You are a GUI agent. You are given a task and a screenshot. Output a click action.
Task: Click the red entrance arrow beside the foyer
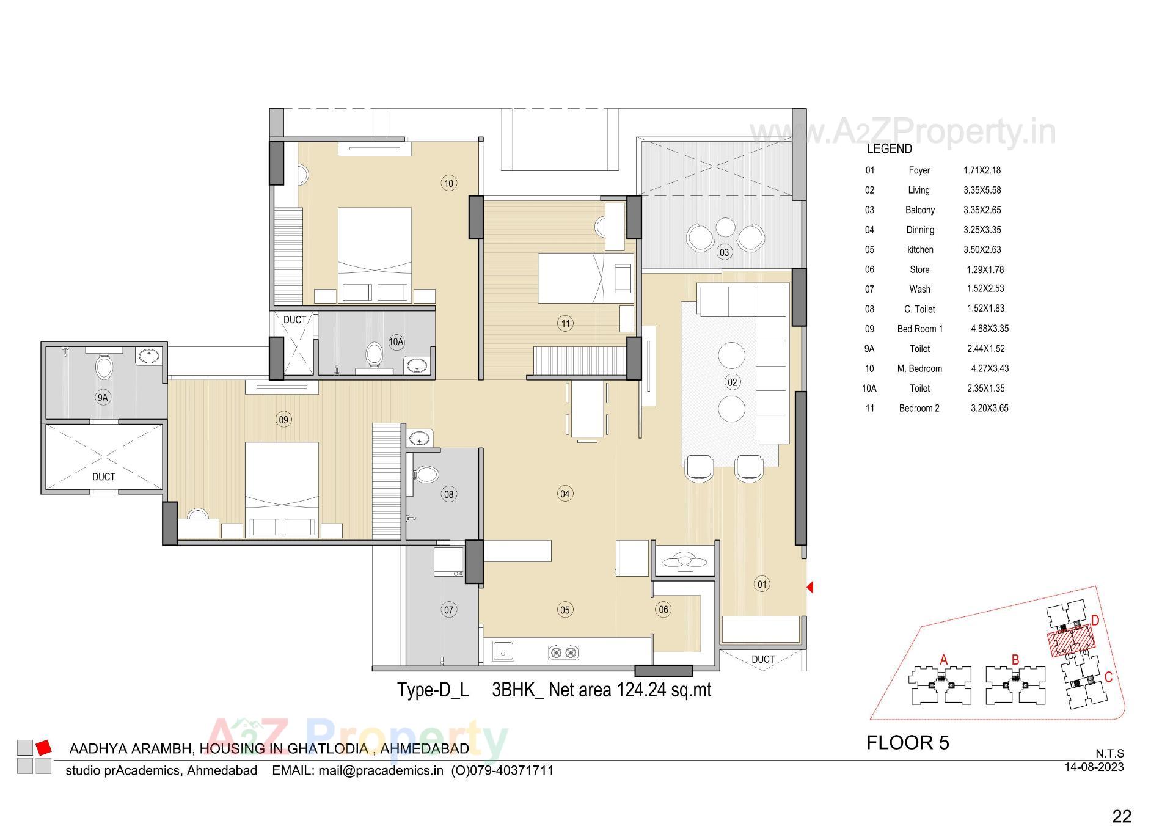click(809, 587)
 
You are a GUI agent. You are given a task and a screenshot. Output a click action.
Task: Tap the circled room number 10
click(448, 183)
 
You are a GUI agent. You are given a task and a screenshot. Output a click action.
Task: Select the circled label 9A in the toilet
click(103, 398)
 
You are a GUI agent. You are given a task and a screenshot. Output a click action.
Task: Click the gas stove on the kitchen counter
click(563, 652)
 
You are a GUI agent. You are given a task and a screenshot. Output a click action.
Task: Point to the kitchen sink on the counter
click(503, 652)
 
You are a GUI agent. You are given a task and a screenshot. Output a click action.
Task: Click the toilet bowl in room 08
click(426, 475)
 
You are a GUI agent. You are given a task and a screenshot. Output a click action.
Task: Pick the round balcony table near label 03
click(725, 227)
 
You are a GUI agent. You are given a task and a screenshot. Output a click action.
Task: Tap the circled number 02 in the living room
click(732, 382)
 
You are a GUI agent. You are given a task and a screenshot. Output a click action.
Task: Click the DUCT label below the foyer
click(762, 659)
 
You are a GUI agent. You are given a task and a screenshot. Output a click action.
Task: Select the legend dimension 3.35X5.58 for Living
click(982, 190)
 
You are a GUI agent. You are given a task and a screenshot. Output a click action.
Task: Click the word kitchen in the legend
click(919, 249)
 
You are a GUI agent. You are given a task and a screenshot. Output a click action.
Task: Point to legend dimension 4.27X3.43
click(990, 368)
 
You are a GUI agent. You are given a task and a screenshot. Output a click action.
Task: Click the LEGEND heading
click(889, 148)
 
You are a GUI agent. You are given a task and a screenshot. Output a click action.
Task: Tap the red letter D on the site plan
click(1095, 621)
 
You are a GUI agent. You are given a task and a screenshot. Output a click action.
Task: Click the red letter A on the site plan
click(943, 660)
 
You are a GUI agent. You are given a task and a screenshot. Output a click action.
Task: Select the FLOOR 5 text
click(907, 742)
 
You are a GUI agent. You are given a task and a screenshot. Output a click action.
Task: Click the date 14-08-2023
click(1094, 767)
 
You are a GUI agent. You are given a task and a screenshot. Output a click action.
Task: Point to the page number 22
click(1122, 816)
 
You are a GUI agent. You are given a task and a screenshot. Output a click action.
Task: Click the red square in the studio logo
click(43, 747)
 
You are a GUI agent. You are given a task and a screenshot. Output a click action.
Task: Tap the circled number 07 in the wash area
click(448, 610)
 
